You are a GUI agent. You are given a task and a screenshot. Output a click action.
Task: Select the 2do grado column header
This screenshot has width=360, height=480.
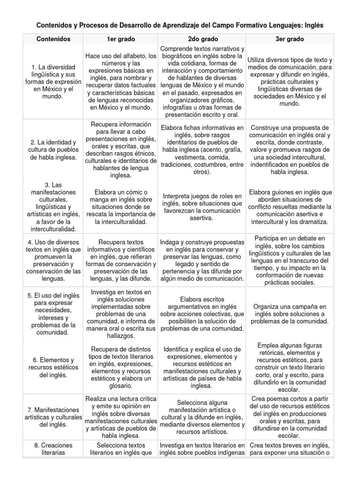coord(202,39)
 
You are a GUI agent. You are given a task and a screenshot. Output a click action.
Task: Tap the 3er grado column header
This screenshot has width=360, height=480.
coord(290,39)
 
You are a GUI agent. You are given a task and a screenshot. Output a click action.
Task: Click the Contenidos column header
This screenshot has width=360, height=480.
coord(53,39)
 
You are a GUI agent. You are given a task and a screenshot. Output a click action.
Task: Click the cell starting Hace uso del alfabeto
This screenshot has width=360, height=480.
coord(121,82)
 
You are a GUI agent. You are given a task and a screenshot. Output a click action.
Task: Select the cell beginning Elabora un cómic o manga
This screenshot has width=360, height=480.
coord(121,207)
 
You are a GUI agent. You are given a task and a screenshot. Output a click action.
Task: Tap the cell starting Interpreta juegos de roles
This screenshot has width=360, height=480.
coord(202,207)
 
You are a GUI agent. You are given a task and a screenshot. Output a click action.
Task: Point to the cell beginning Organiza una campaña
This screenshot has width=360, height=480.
coord(290,314)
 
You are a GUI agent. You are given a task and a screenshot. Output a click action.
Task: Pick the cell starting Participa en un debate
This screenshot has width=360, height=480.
coord(290,261)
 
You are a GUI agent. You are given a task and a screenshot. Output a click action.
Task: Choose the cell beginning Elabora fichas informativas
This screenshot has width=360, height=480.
coord(202,150)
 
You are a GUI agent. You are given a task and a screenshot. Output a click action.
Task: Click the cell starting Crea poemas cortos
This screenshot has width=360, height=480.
coord(290,418)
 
